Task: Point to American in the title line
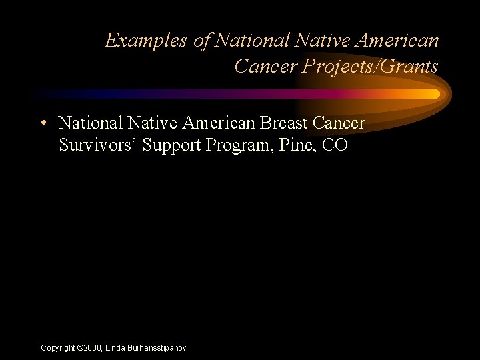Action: (398, 41)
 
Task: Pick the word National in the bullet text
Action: (89, 123)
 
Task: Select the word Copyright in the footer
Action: (58, 348)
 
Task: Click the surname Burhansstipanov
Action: (158, 348)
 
